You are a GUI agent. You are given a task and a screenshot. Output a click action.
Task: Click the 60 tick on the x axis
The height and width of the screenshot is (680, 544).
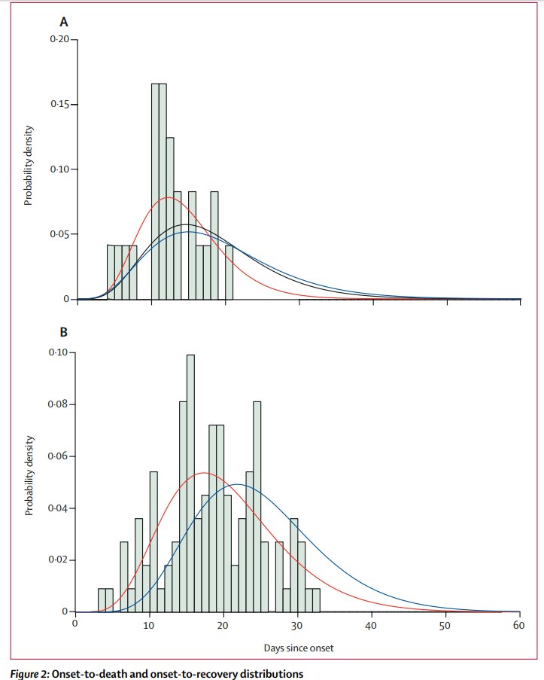point(519,624)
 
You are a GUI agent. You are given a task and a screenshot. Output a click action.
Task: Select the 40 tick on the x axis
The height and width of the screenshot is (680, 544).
point(371,624)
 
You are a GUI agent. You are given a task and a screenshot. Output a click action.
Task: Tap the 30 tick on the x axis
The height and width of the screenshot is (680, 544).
point(297,624)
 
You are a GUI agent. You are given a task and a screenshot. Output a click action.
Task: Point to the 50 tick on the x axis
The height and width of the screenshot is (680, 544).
point(445,624)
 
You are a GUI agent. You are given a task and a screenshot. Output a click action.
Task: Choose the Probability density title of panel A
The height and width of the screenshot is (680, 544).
point(28,169)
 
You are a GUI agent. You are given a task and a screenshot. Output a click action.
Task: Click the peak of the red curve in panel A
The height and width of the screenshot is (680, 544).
point(167,197)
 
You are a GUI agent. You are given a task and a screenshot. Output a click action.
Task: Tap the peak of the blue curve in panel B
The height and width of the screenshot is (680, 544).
point(238,484)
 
